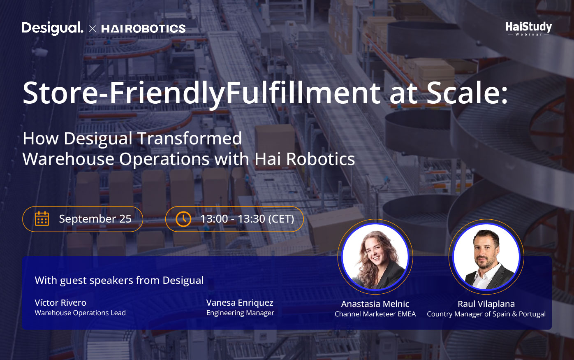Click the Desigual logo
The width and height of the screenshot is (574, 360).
point(53,28)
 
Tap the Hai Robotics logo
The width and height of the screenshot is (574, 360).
point(143,29)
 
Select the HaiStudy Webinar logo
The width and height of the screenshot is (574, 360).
point(529,29)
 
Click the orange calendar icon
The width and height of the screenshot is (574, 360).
point(42,219)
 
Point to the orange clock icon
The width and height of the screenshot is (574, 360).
point(183,219)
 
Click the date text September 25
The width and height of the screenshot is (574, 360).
point(95,219)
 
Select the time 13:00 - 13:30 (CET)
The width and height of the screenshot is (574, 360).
point(247,219)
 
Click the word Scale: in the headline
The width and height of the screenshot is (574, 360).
point(467,93)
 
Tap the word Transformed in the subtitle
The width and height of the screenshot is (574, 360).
point(190,139)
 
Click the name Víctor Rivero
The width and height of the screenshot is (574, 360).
point(60,302)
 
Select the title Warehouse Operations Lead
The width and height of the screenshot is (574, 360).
point(80,313)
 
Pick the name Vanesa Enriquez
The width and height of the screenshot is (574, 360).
point(240,303)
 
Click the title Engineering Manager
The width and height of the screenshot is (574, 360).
point(240,313)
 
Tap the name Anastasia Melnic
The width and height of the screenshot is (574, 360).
point(375,304)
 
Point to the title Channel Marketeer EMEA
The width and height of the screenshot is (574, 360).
point(375,314)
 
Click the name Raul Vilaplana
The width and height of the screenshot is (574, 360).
point(486,304)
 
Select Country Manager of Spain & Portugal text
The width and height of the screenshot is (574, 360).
point(486,314)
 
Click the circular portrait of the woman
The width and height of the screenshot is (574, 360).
point(375,257)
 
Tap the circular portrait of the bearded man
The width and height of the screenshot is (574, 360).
point(486,257)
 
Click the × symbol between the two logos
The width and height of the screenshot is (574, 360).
point(93,29)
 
